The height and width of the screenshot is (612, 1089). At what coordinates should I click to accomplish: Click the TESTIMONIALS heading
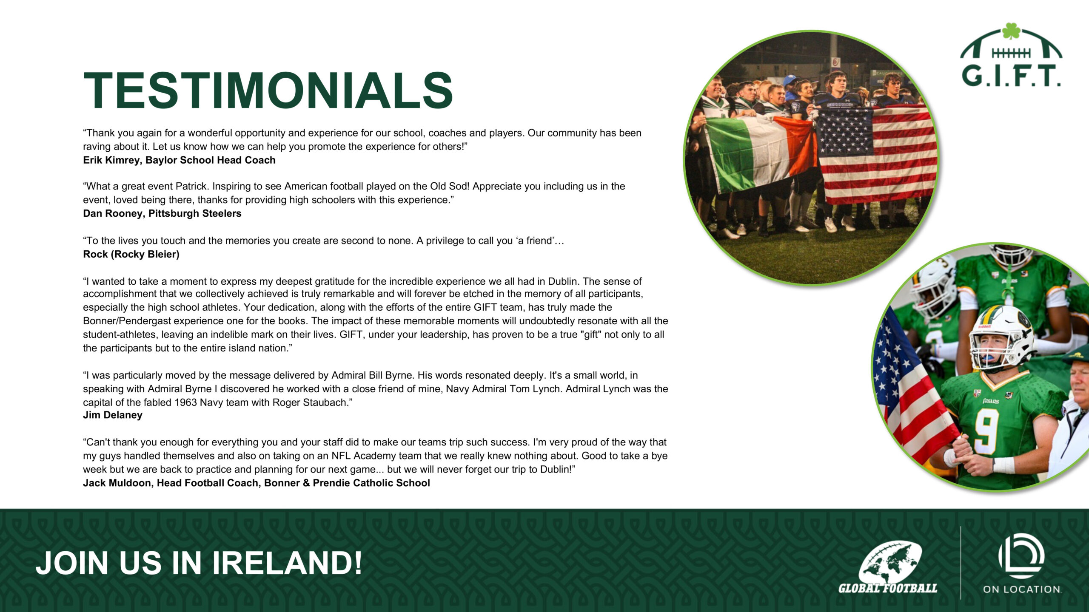(268, 91)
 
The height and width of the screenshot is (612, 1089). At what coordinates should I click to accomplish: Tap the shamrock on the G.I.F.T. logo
(1011, 31)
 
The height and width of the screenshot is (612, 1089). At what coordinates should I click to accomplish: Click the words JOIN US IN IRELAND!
(199, 563)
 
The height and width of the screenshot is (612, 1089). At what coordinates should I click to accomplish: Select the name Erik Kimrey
(111, 160)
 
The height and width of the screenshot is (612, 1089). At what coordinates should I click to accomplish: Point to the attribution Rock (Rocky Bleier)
(131, 254)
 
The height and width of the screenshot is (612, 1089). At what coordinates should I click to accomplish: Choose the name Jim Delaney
(113, 415)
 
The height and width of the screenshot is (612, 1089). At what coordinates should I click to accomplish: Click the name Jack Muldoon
(117, 483)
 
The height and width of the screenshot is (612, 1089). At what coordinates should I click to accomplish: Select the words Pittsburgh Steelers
(195, 213)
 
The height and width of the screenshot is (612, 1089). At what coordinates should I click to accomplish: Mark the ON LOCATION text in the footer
(1022, 589)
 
